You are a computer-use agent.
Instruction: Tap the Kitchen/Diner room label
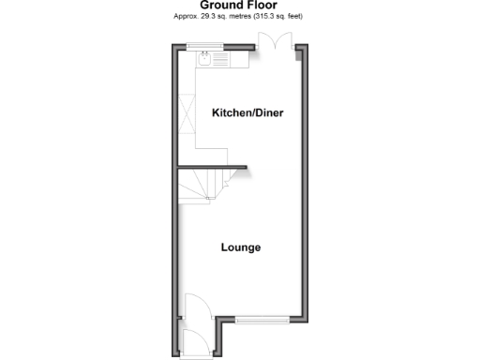(247, 113)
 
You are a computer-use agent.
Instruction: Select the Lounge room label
(240, 247)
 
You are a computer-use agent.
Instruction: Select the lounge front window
(262, 321)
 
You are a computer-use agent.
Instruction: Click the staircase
(208, 186)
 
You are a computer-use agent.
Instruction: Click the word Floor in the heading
(262, 6)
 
